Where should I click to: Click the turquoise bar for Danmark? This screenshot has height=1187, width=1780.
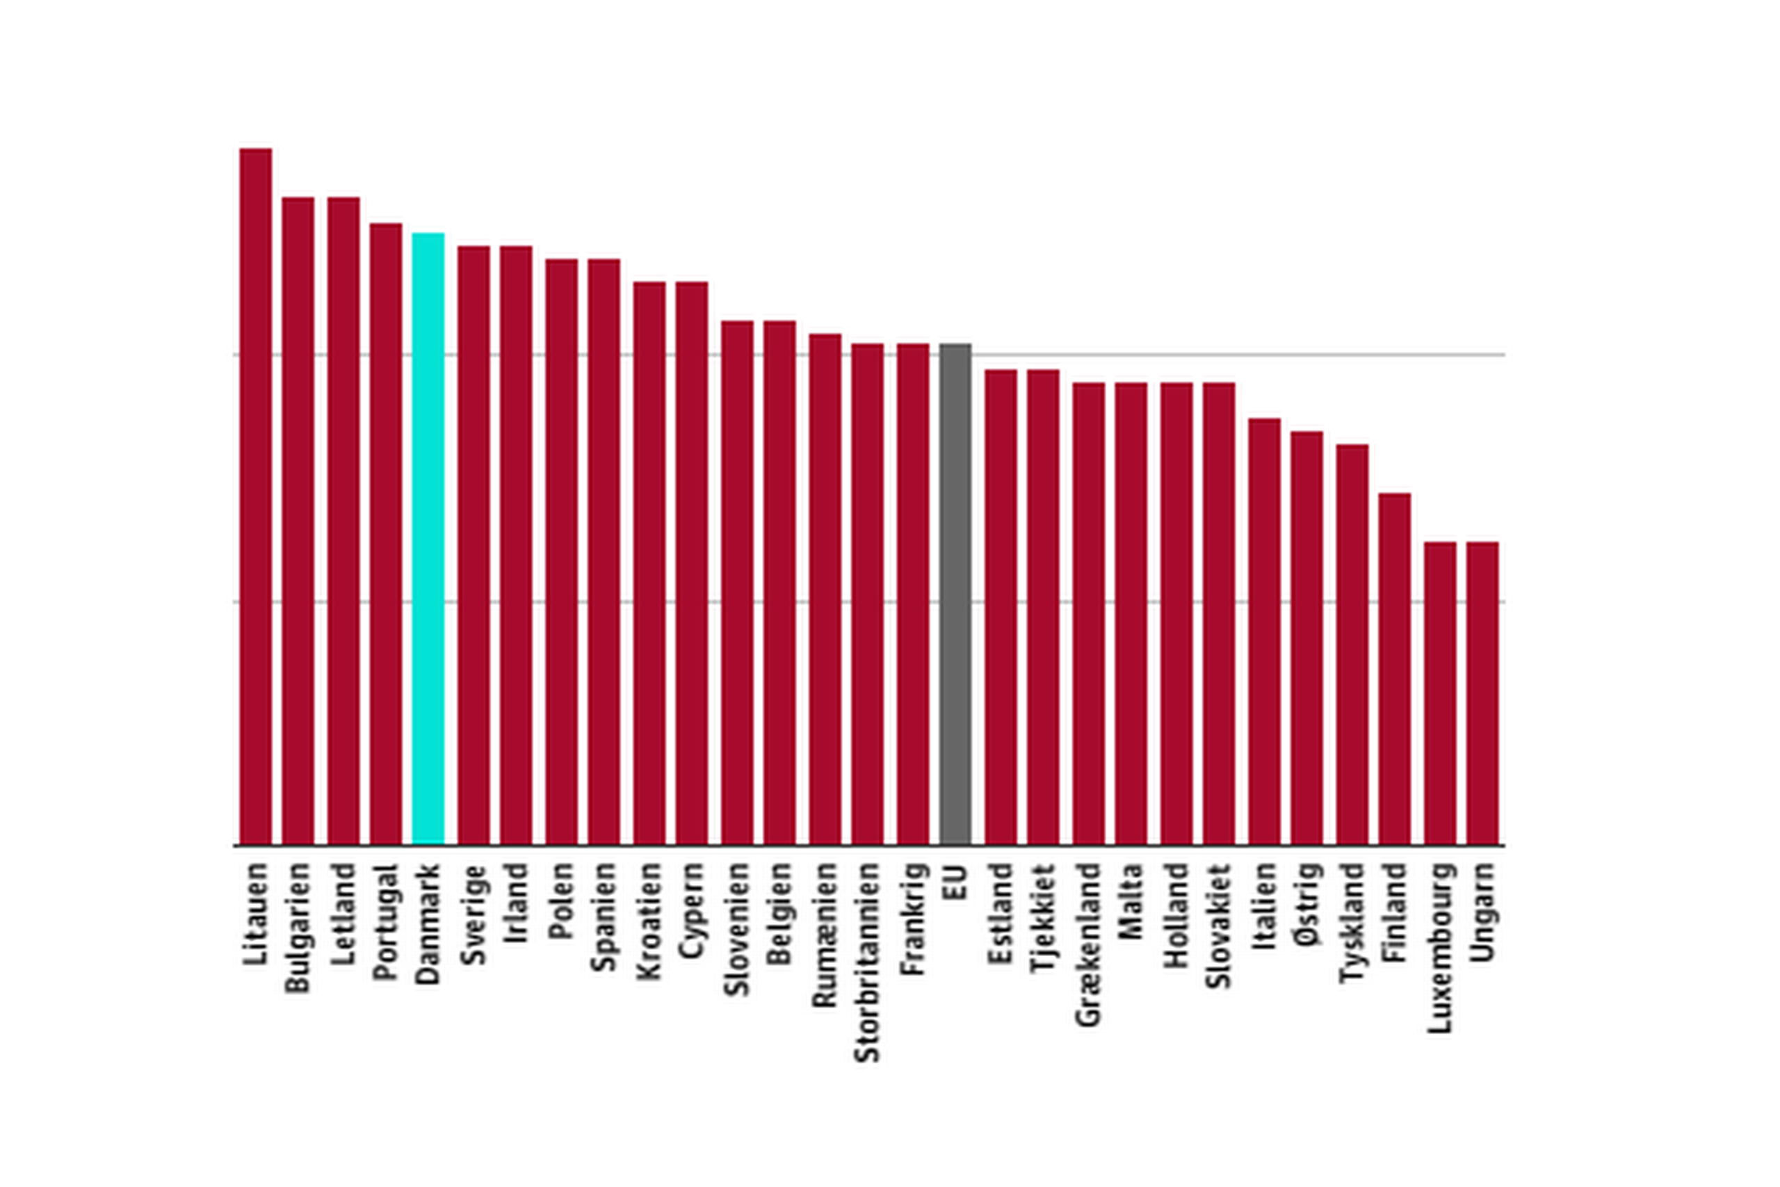[428, 538]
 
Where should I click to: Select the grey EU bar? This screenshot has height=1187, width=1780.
[955, 595]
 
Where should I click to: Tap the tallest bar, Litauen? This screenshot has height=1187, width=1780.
[256, 496]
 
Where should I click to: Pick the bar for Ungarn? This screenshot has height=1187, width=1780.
[1482, 693]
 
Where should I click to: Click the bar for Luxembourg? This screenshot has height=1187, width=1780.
[1439, 693]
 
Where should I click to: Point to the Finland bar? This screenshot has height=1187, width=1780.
[1394, 668]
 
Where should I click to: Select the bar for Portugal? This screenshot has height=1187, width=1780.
[385, 533]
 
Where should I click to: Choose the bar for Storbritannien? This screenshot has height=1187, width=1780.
[867, 595]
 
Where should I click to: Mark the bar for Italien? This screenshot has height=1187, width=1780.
[1264, 631]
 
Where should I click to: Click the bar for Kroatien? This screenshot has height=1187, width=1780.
[649, 563]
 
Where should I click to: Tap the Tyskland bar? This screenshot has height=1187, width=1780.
[1352, 644]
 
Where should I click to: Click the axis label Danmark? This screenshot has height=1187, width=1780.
[428, 923]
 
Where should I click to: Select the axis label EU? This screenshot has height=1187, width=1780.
[956, 882]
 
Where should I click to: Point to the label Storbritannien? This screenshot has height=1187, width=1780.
[868, 962]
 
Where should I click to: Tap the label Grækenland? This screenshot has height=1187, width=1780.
[1089, 944]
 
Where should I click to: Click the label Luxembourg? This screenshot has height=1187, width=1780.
[1440, 948]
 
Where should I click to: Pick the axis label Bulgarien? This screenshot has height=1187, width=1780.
[298, 928]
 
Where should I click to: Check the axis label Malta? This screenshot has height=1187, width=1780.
[1131, 901]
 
